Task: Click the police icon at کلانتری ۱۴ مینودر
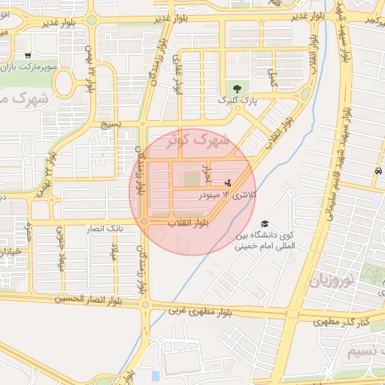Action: tap(229, 183)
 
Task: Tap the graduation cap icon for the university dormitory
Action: tap(265, 224)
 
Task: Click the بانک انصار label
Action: tap(105, 227)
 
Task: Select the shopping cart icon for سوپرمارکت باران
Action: tap(28, 55)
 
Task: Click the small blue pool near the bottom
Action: tap(156, 375)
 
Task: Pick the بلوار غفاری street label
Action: tap(177, 74)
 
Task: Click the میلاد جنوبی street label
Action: tap(62, 252)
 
